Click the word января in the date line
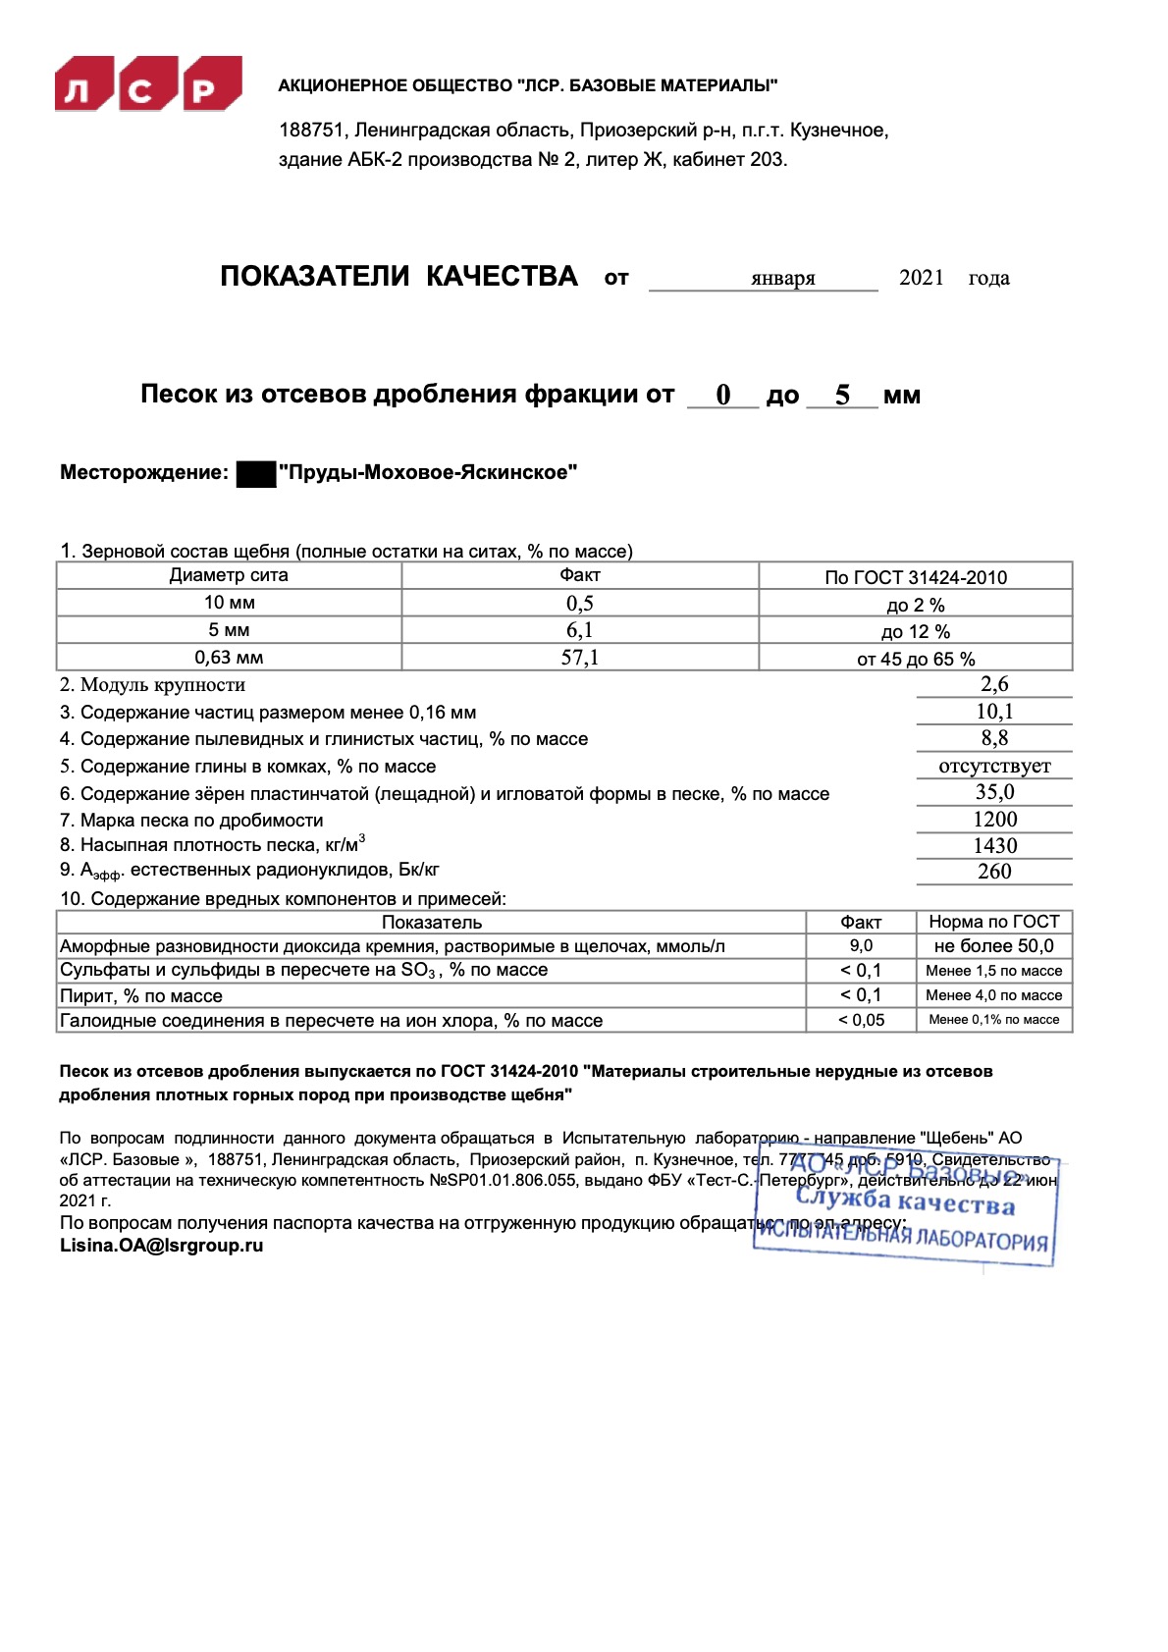[782, 278]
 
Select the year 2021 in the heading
[921, 278]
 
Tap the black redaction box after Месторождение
[256, 473]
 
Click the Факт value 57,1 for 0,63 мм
[579, 658]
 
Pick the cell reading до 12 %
[915, 631]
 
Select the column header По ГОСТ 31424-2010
[915, 577]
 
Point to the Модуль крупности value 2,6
[994, 684]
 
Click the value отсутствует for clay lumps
[994, 766]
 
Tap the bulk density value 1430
[994, 845]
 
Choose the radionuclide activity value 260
[994, 871]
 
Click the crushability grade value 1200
[994, 819]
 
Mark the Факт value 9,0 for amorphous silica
[861, 945]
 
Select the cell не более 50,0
[993, 945]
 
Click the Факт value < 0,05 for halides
[861, 1020]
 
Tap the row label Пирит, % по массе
[141, 995]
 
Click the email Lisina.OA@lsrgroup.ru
[162, 1246]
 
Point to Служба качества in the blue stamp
[905, 1200]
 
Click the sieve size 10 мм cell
[229, 603]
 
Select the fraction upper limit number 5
[842, 395]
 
